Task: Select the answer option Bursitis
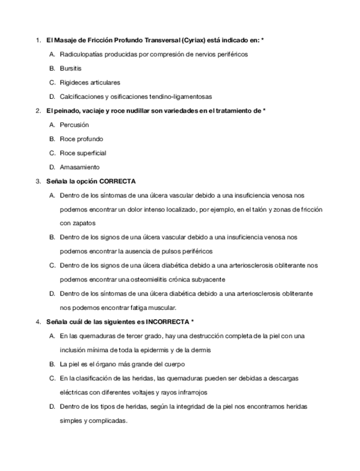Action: (71, 68)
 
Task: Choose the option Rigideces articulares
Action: (89, 82)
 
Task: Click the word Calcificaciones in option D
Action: (81, 96)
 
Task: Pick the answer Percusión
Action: (74, 125)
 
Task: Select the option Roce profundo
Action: (81, 139)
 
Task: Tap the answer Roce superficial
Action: (83, 153)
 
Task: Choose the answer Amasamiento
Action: (79, 167)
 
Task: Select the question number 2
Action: (38, 111)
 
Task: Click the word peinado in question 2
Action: (64, 111)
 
